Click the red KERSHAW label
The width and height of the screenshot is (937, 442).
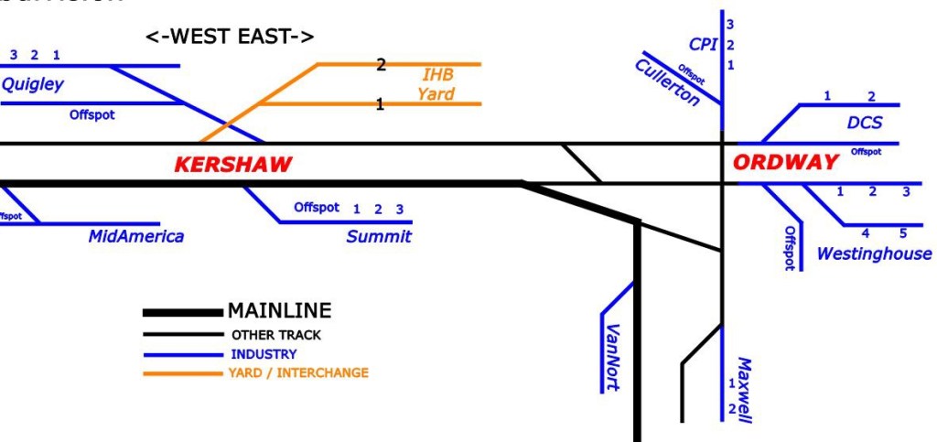(x=233, y=165)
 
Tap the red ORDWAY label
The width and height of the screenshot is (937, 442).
(x=786, y=163)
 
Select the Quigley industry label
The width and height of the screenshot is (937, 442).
(x=33, y=85)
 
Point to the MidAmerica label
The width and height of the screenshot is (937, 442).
(x=135, y=236)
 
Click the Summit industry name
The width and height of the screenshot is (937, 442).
(x=379, y=236)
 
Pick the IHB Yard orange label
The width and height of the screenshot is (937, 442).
(x=436, y=83)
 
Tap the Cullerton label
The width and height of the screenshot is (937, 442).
(x=666, y=81)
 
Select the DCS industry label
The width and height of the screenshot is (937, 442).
(x=865, y=124)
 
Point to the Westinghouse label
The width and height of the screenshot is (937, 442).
(x=874, y=253)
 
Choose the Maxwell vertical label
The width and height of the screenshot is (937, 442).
(x=743, y=390)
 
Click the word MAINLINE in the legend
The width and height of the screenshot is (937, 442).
(x=279, y=311)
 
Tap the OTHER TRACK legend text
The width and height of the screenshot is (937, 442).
(x=276, y=335)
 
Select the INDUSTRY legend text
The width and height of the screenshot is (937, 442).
(x=264, y=354)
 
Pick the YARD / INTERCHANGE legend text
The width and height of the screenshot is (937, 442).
(x=297, y=372)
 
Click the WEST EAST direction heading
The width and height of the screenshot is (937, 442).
(x=231, y=38)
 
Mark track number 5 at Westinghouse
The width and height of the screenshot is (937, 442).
(x=903, y=233)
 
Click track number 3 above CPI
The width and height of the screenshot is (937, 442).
(x=730, y=25)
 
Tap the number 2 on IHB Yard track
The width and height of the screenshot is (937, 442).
(x=381, y=64)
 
